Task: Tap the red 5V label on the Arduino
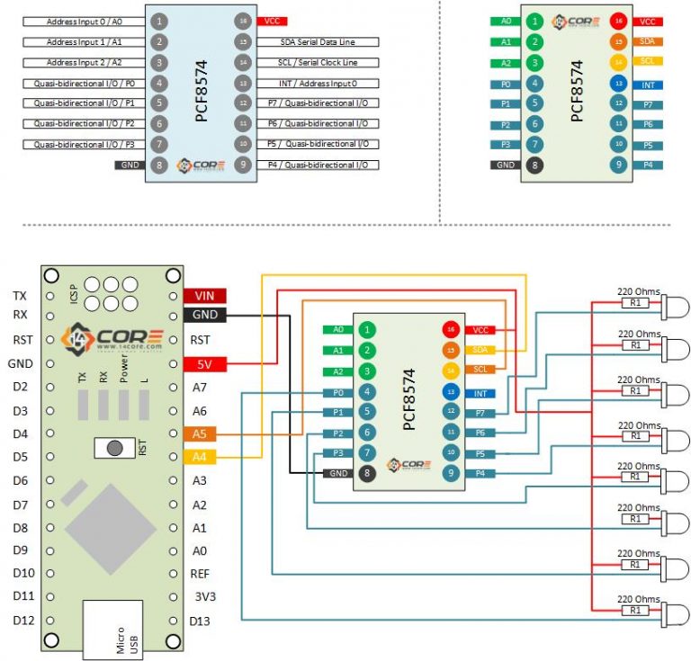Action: (x=204, y=364)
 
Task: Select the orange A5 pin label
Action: (x=200, y=433)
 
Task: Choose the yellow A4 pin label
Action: (x=200, y=457)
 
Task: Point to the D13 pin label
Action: (x=201, y=621)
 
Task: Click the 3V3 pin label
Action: (x=204, y=596)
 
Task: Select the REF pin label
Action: (x=201, y=573)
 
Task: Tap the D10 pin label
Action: (x=23, y=573)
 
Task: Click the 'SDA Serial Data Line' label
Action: (x=317, y=41)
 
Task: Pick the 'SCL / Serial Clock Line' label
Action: (x=317, y=62)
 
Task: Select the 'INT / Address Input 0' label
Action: (x=317, y=83)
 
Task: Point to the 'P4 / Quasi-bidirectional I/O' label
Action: (x=317, y=165)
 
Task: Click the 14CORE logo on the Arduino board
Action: (x=113, y=339)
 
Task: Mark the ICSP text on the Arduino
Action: (x=74, y=293)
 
